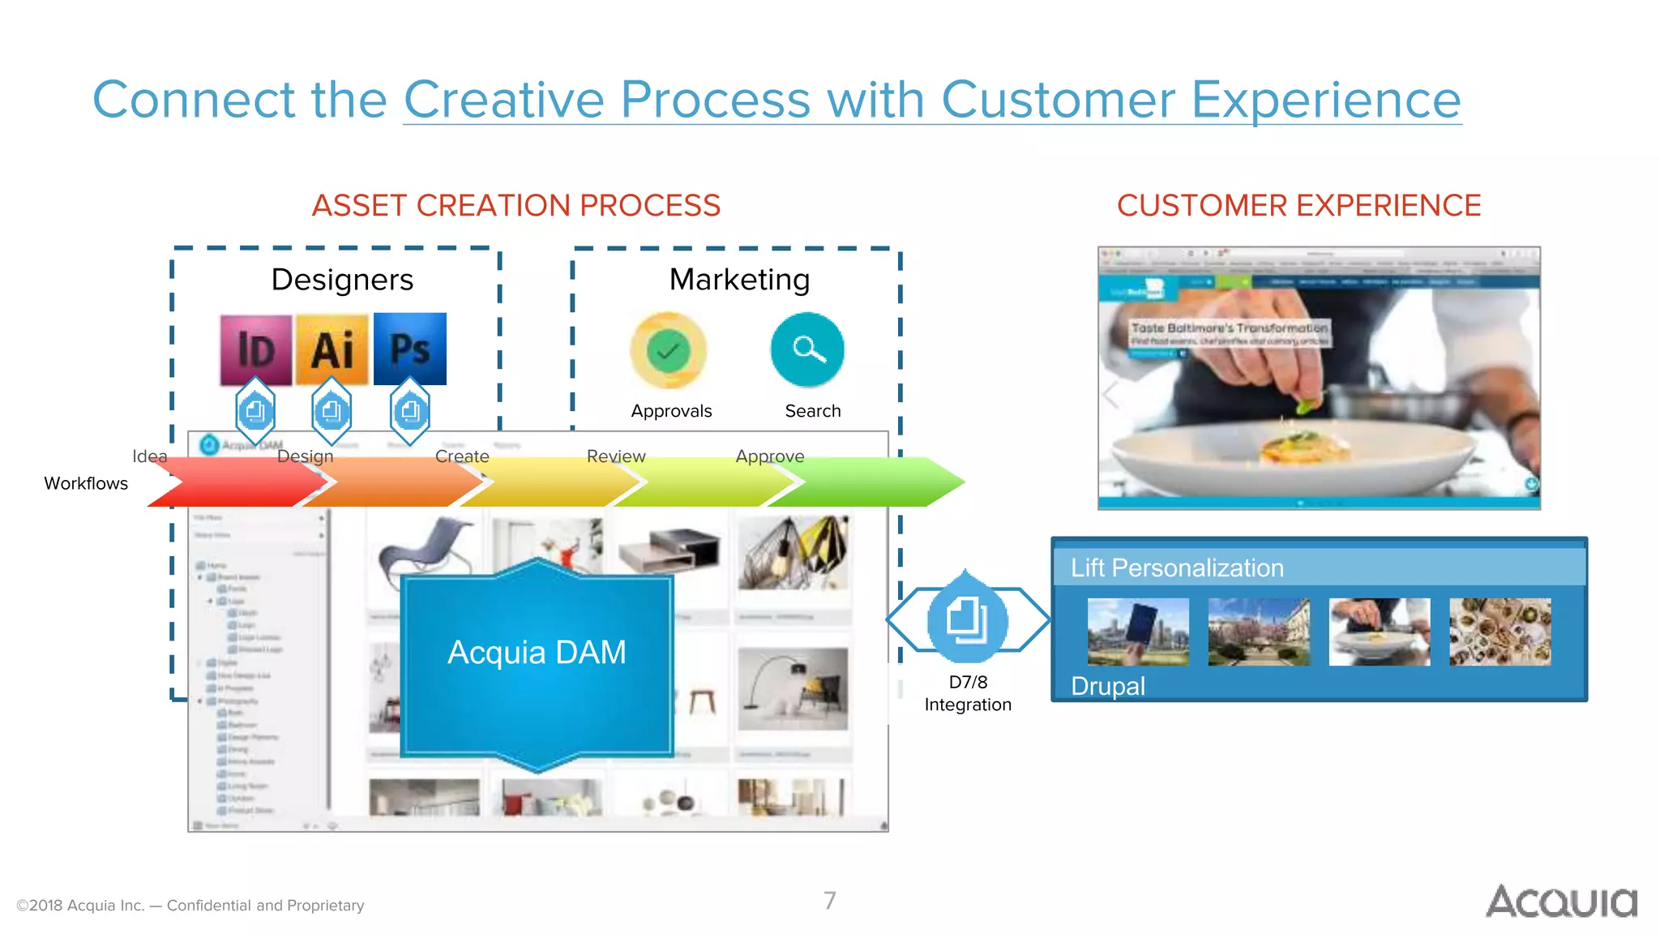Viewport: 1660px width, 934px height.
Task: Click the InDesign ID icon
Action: [x=256, y=349]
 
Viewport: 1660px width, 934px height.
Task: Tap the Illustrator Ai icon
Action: [x=332, y=349]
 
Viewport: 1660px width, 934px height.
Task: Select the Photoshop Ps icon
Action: [x=410, y=349]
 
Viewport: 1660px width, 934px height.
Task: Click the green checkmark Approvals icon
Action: [x=669, y=350]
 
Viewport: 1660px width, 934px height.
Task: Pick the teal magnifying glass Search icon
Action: [x=807, y=349]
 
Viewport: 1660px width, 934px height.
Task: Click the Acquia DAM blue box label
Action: [x=537, y=653]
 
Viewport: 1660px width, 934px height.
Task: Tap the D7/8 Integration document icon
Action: [x=967, y=621]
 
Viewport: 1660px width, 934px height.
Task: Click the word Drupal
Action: [x=1107, y=687]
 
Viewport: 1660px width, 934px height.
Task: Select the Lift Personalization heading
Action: [x=1177, y=568]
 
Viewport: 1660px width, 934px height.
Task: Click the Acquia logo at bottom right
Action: [x=1561, y=902]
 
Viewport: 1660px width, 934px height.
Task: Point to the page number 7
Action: [x=829, y=901]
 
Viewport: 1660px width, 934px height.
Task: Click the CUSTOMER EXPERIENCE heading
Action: [x=1298, y=205]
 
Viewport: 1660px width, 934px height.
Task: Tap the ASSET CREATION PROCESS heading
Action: [x=516, y=205]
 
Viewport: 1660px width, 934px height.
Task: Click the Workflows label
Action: [x=86, y=483]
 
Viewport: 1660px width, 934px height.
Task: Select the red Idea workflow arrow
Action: [x=235, y=483]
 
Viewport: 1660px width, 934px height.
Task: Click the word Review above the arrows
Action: [x=616, y=456]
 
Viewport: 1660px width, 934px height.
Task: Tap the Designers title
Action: [x=342, y=280]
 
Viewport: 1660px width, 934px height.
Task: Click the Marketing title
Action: [x=739, y=280]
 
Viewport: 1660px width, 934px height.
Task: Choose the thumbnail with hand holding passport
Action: [x=1138, y=632]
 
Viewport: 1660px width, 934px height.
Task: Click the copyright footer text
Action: [x=190, y=906]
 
